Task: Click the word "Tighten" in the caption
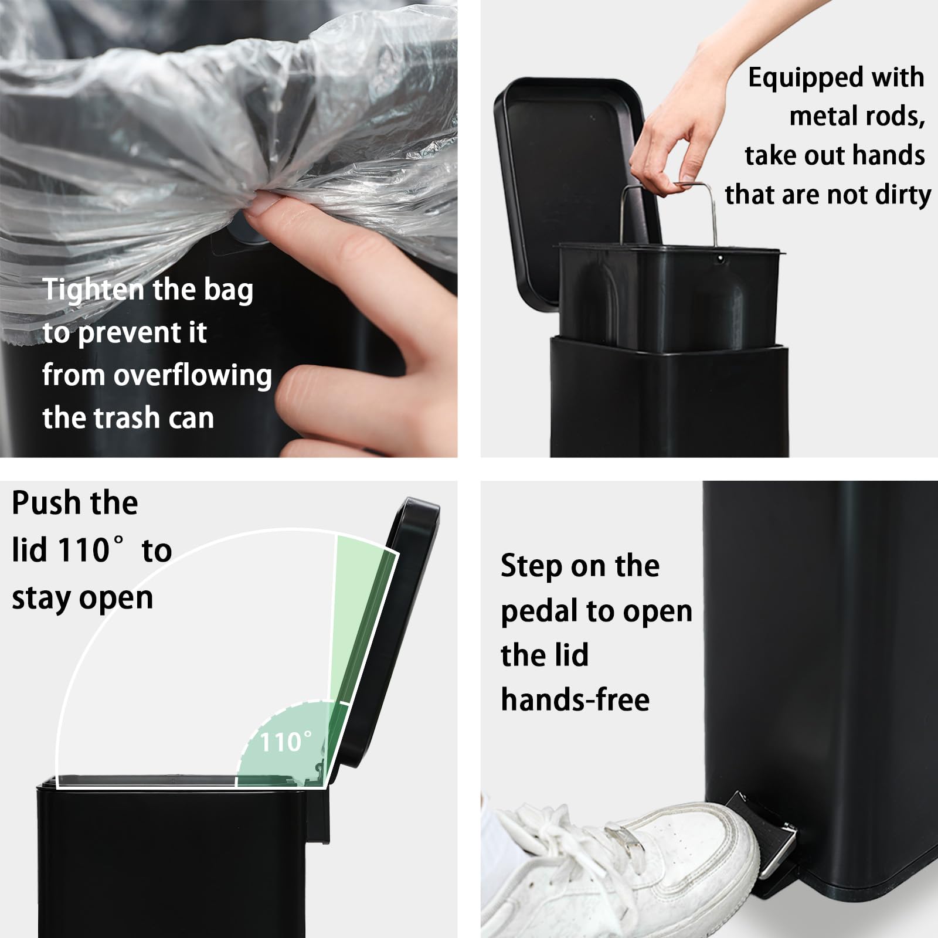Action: (93, 290)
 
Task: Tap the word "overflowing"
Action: (193, 375)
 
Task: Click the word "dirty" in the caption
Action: (903, 195)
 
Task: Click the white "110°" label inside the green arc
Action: (285, 742)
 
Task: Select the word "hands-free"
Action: (575, 700)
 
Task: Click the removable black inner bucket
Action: (668, 299)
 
